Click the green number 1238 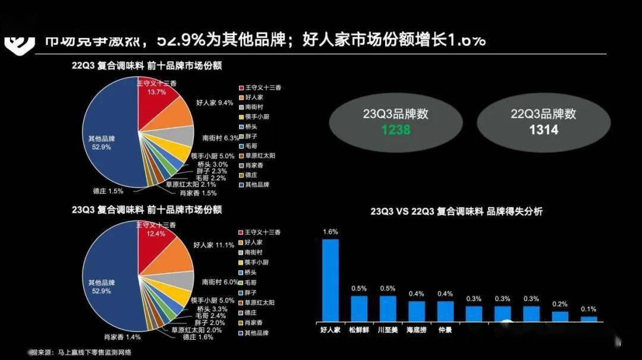(x=395, y=128)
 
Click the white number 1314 (x=543, y=128)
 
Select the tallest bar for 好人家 (x=331, y=279)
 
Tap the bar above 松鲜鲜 (x=359, y=308)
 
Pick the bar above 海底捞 (x=417, y=310)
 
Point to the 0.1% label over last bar (x=588, y=309)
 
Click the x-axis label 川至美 (x=388, y=329)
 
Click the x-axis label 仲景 (x=445, y=329)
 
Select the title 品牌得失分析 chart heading (x=456, y=211)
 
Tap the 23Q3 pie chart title (x=146, y=209)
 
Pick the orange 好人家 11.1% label (x=213, y=245)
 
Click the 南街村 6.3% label (x=219, y=138)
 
